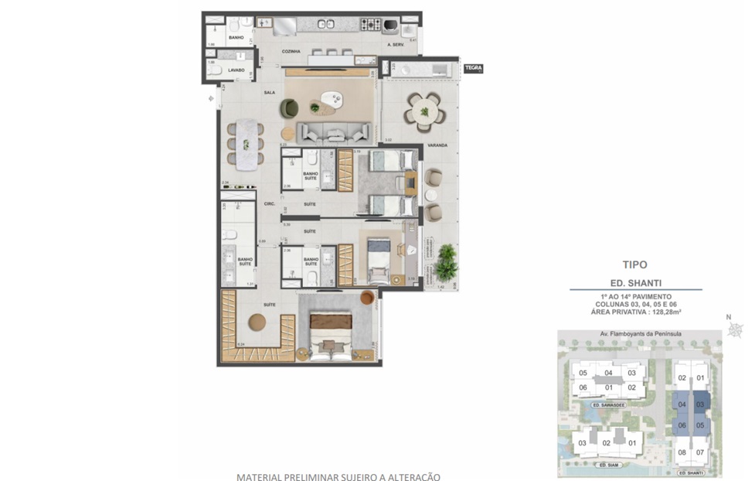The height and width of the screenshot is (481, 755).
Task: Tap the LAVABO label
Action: click(x=236, y=70)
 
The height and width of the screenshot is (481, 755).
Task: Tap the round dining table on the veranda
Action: click(x=423, y=112)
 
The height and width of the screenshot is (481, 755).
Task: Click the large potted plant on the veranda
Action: click(x=445, y=263)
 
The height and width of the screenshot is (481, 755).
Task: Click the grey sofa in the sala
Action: click(x=335, y=132)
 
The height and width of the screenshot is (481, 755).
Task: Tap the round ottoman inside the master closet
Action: click(x=257, y=323)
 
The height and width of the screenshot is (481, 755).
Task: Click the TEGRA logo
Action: click(x=473, y=68)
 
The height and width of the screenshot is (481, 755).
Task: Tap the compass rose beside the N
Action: click(x=735, y=330)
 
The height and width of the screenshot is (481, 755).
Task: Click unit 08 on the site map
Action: click(x=682, y=452)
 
